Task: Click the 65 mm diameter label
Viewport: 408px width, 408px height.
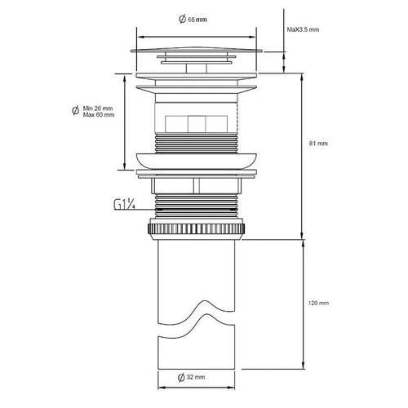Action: coord(193,20)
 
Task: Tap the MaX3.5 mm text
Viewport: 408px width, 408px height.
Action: coord(303,29)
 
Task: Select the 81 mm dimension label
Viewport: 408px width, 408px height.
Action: coord(318,144)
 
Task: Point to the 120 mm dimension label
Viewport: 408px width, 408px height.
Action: coord(318,303)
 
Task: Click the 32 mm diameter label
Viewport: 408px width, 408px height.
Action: coord(192,377)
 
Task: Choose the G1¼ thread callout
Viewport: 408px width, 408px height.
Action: coord(125,204)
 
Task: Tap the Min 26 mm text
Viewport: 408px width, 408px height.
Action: coord(98,109)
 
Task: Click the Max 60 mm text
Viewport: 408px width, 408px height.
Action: coord(99,115)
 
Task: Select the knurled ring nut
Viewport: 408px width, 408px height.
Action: coord(197,228)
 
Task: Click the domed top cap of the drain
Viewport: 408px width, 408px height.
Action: coord(197,50)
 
